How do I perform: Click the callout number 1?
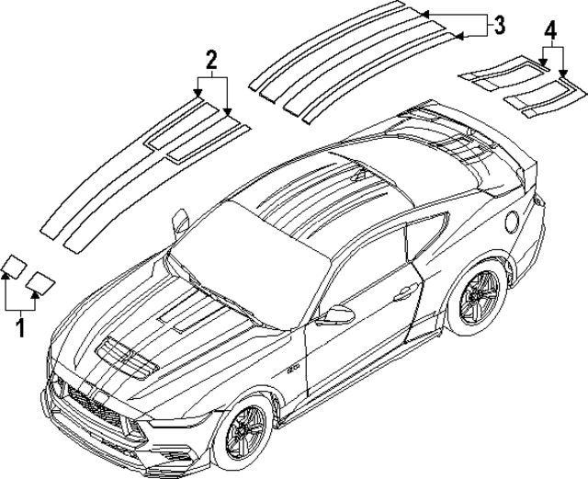(x=20, y=327)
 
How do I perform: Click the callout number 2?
(x=211, y=60)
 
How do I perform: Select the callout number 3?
(x=498, y=25)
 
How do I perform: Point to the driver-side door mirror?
(x=335, y=314)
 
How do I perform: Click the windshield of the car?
(x=249, y=263)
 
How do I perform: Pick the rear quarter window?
(x=427, y=237)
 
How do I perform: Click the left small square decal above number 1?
(x=15, y=267)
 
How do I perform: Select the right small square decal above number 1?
(x=40, y=282)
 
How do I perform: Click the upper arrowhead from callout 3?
(x=424, y=15)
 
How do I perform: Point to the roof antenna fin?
(x=359, y=175)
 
